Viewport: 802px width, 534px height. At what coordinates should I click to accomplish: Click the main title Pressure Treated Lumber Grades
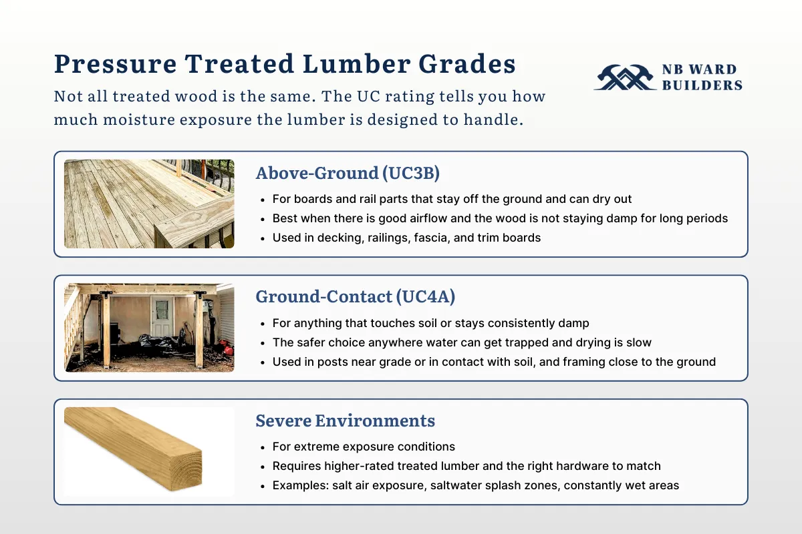pyautogui.click(x=285, y=64)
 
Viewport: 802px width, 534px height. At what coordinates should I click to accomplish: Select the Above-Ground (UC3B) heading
pyautogui.click(x=348, y=173)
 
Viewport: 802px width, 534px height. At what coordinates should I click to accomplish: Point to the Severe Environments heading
pyautogui.click(x=345, y=421)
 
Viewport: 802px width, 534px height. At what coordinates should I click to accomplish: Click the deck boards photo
pyautogui.click(x=149, y=204)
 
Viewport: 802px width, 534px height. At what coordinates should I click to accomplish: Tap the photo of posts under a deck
pyautogui.click(x=149, y=327)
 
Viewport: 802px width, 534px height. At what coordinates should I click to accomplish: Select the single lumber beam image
pyautogui.click(x=134, y=451)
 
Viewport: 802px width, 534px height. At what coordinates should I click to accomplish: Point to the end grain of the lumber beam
pyautogui.click(x=183, y=470)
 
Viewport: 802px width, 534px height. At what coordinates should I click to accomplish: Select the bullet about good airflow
pyautogui.click(x=500, y=218)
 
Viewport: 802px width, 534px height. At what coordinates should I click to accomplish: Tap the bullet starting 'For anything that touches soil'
pyautogui.click(x=430, y=323)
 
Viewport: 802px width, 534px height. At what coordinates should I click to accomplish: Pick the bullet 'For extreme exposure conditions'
pyautogui.click(x=364, y=447)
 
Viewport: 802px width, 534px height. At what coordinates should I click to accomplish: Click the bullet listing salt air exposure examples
pyautogui.click(x=475, y=485)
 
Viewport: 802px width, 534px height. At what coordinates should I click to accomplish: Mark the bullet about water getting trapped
pyautogui.click(x=462, y=342)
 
